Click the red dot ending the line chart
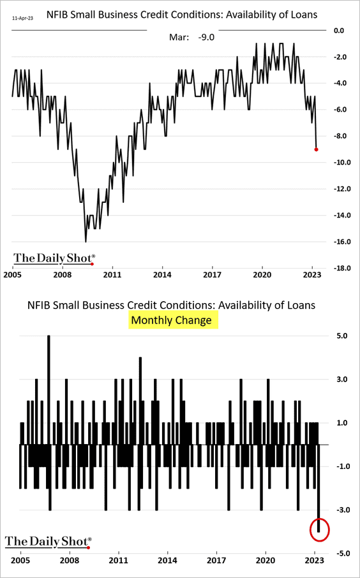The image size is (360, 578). click(x=317, y=149)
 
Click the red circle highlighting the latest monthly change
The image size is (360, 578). click(x=319, y=528)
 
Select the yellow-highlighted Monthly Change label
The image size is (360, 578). click(x=173, y=320)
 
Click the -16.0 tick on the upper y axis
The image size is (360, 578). click(x=345, y=242)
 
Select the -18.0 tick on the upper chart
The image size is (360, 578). click(x=345, y=269)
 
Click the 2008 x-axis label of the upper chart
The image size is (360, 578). click(x=62, y=275)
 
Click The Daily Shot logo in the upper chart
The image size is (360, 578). click(x=54, y=258)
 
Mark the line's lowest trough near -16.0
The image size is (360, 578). click(x=86, y=241)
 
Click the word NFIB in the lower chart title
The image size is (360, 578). click(x=41, y=305)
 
